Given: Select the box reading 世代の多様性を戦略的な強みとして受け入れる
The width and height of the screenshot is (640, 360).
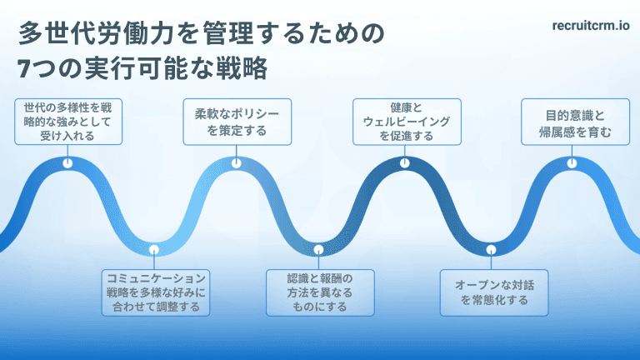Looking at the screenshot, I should (x=68, y=122).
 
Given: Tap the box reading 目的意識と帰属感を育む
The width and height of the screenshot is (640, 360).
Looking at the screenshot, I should (x=575, y=122).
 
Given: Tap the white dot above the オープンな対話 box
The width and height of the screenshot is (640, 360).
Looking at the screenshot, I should (x=492, y=249).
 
